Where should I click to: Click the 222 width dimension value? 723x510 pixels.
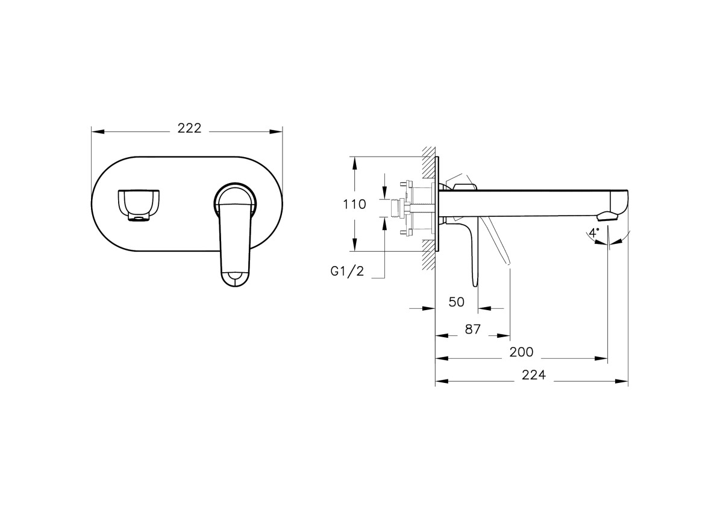(x=189, y=128)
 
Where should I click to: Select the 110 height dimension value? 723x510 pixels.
(x=354, y=204)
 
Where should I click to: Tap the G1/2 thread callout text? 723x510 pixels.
(x=347, y=272)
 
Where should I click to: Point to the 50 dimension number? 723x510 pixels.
(x=457, y=302)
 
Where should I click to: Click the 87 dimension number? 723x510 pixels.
(x=472, y=329)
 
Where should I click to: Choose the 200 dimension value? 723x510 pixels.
(x=521, y=352)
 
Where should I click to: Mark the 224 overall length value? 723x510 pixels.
(x=533, y=375)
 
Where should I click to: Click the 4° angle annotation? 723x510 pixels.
(x=594, y=232)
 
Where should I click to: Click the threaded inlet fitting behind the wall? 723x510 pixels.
(x=396, y=208)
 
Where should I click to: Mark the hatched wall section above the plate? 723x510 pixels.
(x=428, y=163)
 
